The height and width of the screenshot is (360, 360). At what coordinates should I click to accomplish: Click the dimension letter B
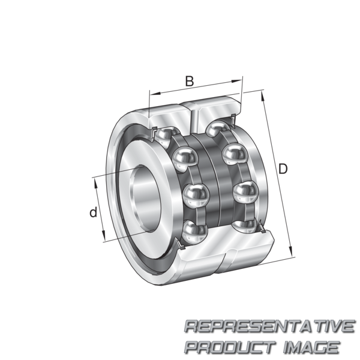(190, 81)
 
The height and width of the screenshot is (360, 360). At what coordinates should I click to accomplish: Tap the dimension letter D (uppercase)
(283, 169)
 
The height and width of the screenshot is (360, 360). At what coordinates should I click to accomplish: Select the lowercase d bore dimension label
(93, 212)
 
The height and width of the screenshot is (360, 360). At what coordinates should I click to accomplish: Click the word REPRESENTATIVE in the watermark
(270, 326)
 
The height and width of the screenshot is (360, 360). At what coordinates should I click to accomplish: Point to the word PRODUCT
(230, 347)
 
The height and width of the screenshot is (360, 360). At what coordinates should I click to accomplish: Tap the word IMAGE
(312, 347)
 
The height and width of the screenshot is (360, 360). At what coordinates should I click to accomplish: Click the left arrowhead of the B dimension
(155, 93)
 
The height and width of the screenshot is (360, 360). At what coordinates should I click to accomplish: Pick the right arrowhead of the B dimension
(236, 81)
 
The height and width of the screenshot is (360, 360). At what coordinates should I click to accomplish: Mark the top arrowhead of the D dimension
(263, 95)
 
